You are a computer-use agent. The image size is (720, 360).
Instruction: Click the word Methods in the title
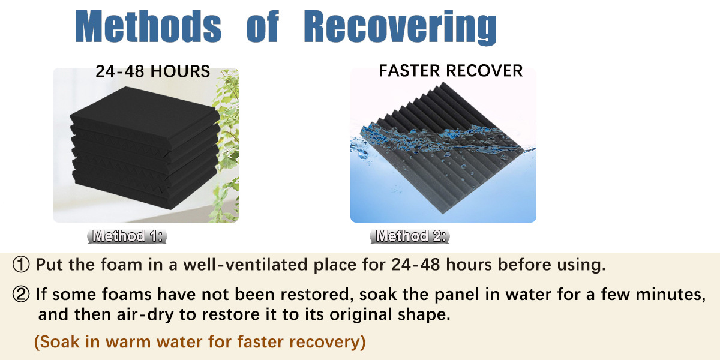coord(148,26)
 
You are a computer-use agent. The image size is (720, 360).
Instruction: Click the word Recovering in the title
coord(401,28)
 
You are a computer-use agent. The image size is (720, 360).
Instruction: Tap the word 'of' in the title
coord(263,26)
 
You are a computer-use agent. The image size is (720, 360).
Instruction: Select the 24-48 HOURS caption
coord(152,71)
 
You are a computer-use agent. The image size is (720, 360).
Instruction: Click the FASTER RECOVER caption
coord(451,71)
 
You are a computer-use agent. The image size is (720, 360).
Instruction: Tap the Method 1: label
coord(127,236)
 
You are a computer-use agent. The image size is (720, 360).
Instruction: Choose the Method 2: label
coord(410,236)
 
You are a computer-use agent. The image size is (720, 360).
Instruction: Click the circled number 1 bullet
coord(21,265)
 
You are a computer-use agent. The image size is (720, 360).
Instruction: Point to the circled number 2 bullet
coord(21,294)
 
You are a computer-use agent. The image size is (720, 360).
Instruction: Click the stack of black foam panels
coord(145,148)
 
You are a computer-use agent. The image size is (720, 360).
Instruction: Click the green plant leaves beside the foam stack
coord(227,145)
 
